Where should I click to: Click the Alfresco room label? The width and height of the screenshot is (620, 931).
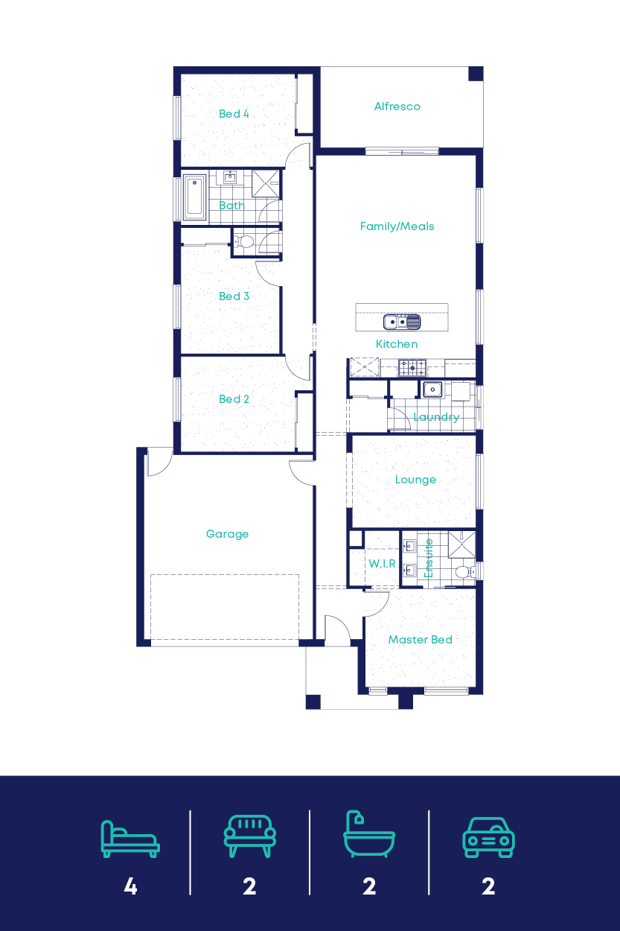pos(397,107)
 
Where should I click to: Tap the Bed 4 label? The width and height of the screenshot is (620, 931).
pos(234,114)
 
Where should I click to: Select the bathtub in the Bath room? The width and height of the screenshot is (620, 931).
pos(194,197)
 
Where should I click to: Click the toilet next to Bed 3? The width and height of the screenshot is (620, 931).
pos(245,241)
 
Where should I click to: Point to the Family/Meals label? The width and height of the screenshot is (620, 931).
pos(397,226)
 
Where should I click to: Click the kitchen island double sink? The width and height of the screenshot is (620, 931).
pos(402,322)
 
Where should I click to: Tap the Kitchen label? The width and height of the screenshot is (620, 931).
pos(397,344)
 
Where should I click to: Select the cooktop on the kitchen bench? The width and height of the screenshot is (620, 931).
pos(412,366)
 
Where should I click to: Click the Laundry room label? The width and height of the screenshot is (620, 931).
pos(436,417)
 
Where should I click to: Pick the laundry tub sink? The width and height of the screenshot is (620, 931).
pos(432,389)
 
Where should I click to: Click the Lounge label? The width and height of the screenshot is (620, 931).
pos(415,480)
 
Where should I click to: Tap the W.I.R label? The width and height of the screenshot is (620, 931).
pos(382,564)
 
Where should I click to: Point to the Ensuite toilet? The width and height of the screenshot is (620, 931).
pos(463,572)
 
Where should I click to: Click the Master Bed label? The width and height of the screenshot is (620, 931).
pos(420,640)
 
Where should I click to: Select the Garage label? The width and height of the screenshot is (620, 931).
pos(227,534)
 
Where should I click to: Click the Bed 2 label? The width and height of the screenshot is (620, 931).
pos(234,399)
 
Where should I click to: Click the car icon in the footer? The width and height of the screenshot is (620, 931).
pos(488,837)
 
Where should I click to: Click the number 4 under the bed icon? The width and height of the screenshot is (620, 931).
pos(130,886)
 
